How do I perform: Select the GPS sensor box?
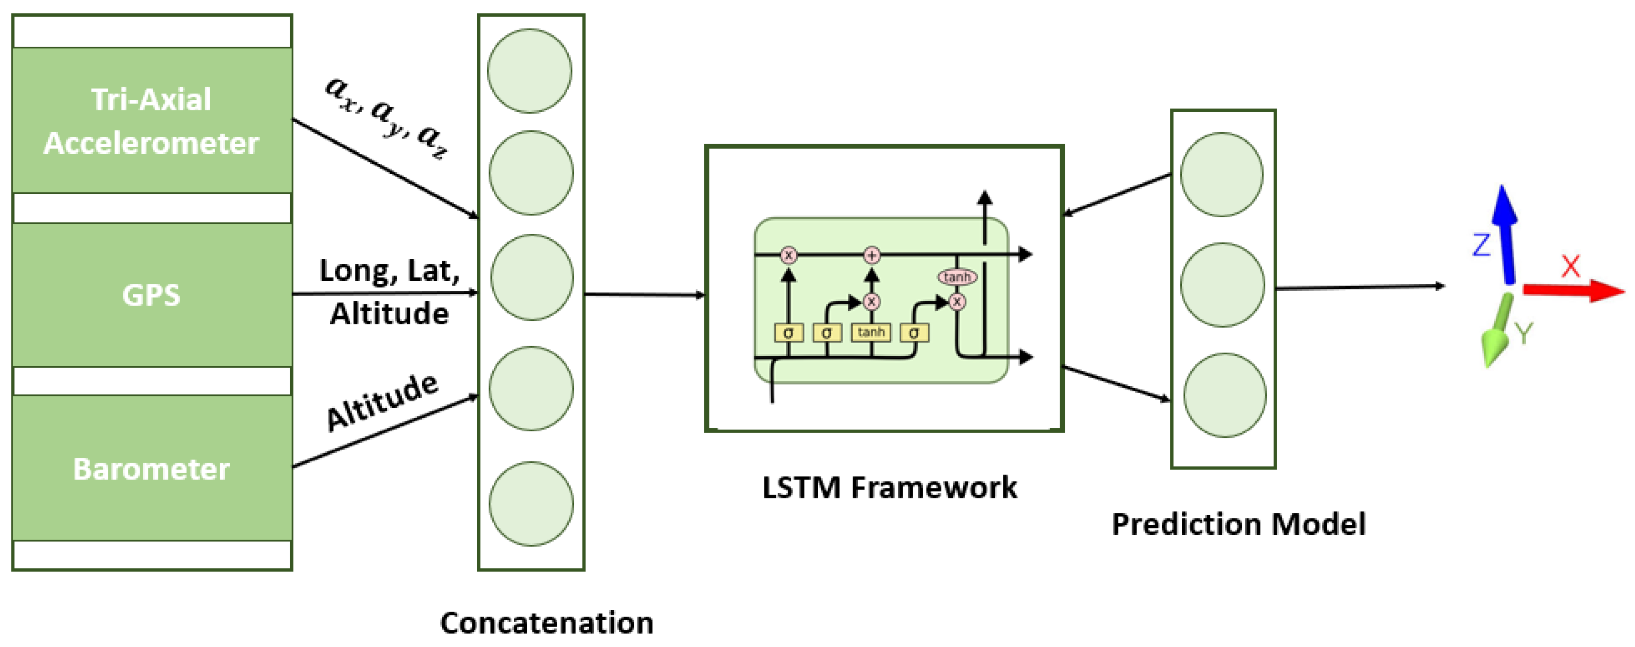[152, 295]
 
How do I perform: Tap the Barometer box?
[152, 468]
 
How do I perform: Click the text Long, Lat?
[389, 270]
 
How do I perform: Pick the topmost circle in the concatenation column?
[530, 71]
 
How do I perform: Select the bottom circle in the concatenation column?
[531, 503]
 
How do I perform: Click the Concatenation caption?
[546, 623]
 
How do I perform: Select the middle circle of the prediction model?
[1222, 285]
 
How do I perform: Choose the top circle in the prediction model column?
[1221, 175]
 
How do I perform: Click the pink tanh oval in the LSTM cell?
[957, 277]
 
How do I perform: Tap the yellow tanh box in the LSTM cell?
[871, 332]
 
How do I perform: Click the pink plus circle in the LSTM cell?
[872, 255]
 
